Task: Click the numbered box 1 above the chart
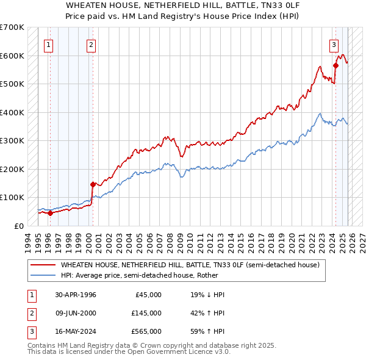48,44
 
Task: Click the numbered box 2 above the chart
91,44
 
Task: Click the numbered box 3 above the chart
334,44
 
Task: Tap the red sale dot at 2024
335,65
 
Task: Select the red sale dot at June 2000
93,184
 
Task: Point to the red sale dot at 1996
51,213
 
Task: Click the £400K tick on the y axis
12,112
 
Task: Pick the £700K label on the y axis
12,27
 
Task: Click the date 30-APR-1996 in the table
75,295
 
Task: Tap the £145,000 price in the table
146,313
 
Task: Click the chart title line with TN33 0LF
183,4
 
